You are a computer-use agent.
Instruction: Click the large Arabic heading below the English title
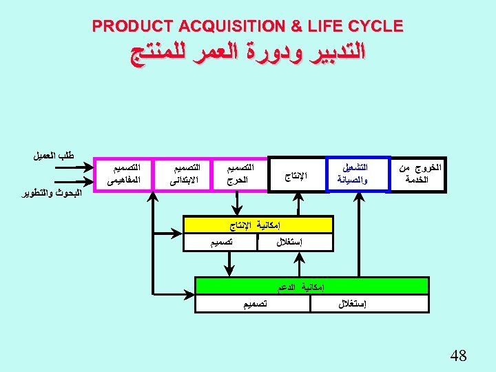tap(248, 54)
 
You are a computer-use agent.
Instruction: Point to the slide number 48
tap(458, 355)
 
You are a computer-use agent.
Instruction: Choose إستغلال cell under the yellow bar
tap(295, 242)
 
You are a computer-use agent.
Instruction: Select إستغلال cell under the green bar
tap(353, 304)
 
